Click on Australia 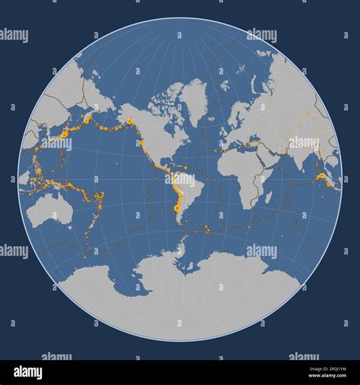[x=49, y=210]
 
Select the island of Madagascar [x=268, y=197]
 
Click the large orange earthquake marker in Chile [x=177, y=207]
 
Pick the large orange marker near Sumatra [x=321, y=176]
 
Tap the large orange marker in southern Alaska [x=130, y=121]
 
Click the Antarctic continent [x=182, y=292]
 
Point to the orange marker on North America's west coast [x=142, y=142]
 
